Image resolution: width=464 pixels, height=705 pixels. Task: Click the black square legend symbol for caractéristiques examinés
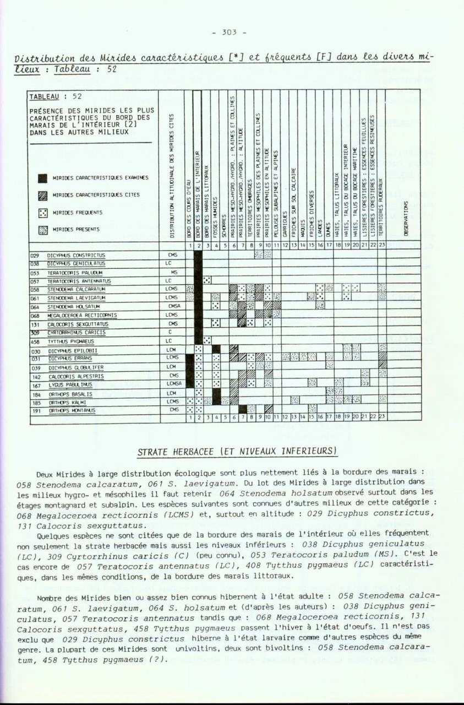pyautogui.click(x=42, y=178)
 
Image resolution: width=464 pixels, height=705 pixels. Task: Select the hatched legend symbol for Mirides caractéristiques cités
pyautogui.click(x=42, y=195)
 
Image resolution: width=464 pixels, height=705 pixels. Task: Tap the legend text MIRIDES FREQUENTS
pyautogui.click(x=77, y=213)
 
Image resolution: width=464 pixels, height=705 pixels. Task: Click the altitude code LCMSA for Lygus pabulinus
pyautogui.click(x=174, y=385)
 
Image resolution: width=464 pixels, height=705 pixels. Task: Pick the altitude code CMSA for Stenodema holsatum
pyautogui.click(x=174, y=307)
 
